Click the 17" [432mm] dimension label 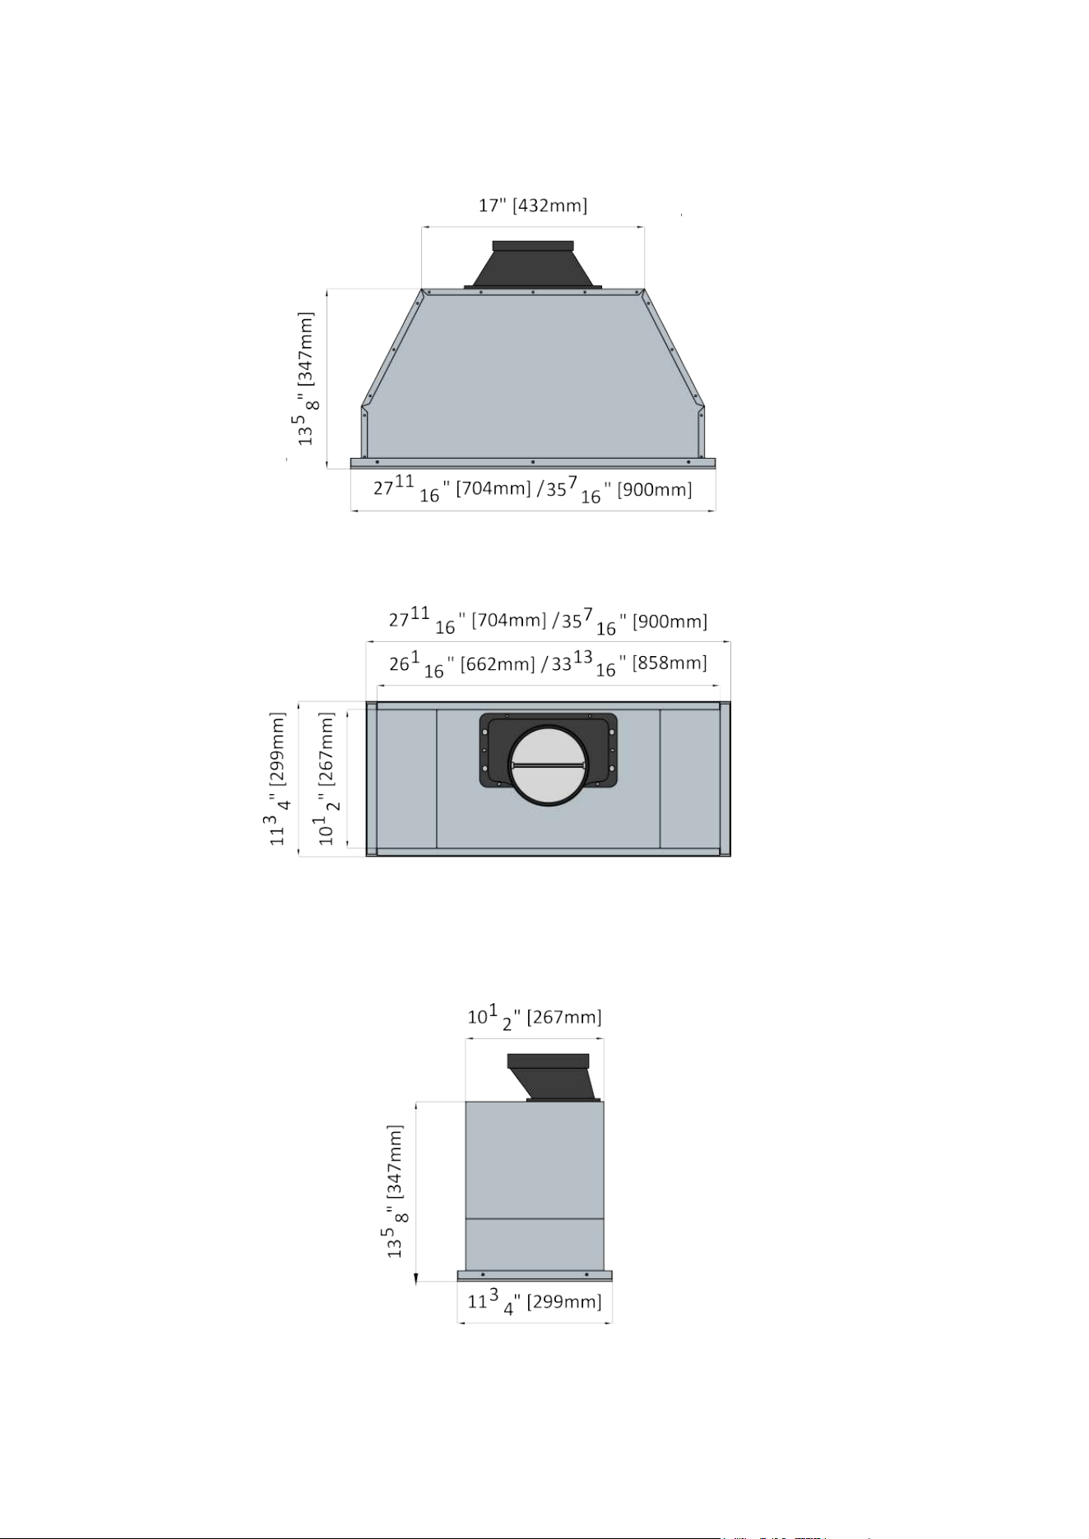(533, 205)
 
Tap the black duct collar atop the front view (533, 264)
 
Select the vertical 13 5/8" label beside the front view (307, 379)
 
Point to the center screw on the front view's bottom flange (533, 463)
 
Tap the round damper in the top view (549, 765)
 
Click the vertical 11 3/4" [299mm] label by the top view (279, 779)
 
